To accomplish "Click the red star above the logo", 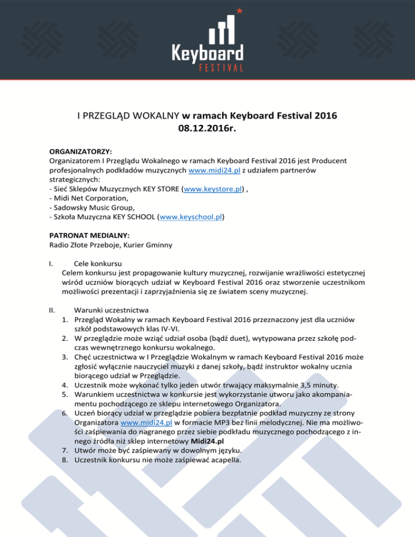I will (x=239, y=10).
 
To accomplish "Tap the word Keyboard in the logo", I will (x=207, y=52).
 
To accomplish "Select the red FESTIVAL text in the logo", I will (x=207, y=68).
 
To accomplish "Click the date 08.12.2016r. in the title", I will (x=207, y=129).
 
